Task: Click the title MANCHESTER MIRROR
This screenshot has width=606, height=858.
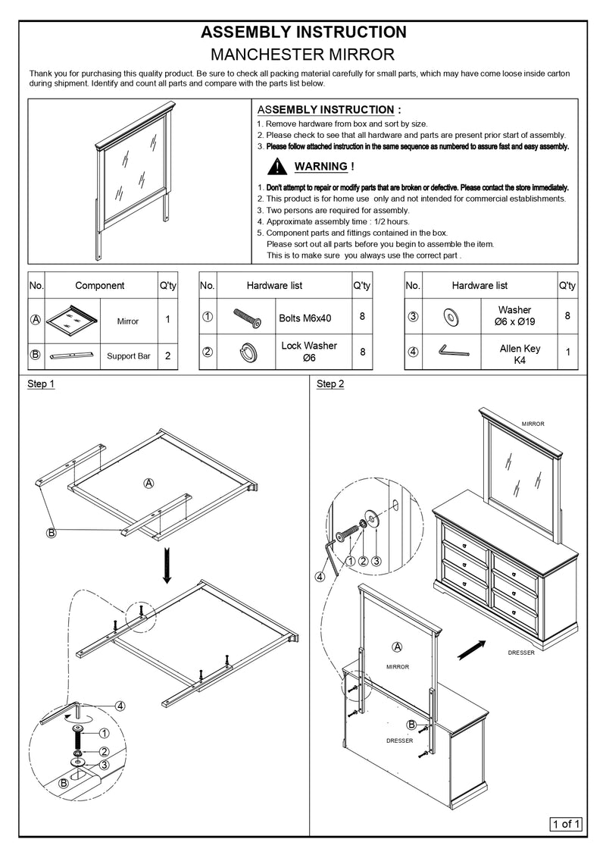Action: click(303, 55)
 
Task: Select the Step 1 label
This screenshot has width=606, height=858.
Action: click(41, 384)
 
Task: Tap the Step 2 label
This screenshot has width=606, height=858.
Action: click(330, 384)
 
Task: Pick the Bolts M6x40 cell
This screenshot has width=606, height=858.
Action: click(305, 319)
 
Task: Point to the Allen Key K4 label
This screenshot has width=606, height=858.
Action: click(520, 354)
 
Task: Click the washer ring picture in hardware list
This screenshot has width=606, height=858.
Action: click(451, 315)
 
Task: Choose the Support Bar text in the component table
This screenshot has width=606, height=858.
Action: click(127, 355)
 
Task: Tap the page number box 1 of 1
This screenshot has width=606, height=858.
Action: click(566, 824)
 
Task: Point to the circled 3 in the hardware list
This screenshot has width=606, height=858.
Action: click(413, 316)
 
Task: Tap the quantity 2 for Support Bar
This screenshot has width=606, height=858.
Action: click(167, 355)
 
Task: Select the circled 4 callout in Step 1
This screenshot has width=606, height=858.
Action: click(120, 706)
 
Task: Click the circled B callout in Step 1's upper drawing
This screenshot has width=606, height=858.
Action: click(52, 534)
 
